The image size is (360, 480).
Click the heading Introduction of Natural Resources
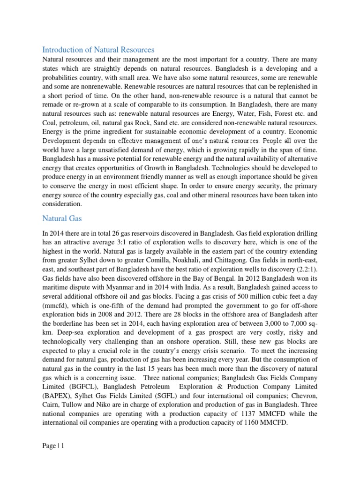98,50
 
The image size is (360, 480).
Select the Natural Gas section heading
62,218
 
